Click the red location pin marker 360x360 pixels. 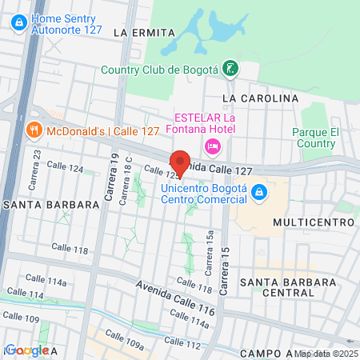pos(181,162)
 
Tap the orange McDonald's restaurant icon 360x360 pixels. pos(33,129)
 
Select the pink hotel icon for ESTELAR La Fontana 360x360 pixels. pos(212,146)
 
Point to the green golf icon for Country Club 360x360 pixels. pos(230,69)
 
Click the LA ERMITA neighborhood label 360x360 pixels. pos(143,33)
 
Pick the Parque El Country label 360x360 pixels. pos(314,138)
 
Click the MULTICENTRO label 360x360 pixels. pos(313,221)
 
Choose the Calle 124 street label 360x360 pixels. pos(65,169)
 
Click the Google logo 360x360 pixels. pos(26,350)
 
